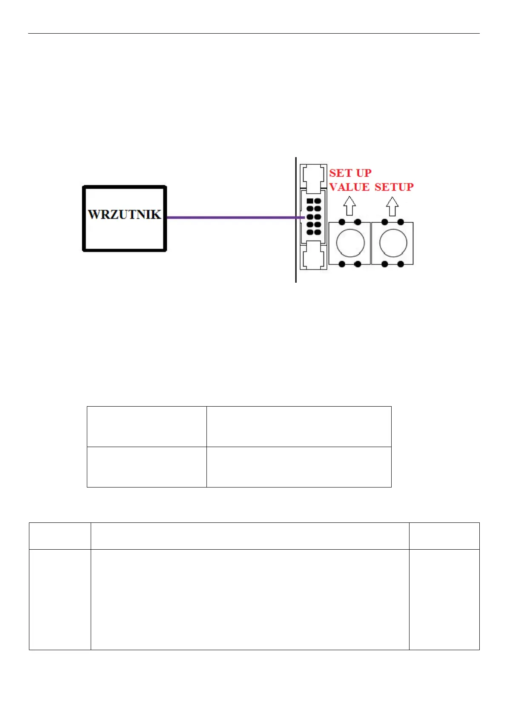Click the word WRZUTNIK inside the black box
click(x=124, y=214)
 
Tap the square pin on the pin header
click(x=310, y=201)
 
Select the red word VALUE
click(x=349, y=187)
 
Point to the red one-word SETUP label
click(x=394, y=187)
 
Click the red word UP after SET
click(x=364, y=173)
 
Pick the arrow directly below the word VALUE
click(x=349, y=206)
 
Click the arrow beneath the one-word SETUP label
click(x=392, y=206)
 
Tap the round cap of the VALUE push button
click(x=350, y=243)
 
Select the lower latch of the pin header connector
click(x=313, y=255)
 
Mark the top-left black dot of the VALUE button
click(x=342, y=222)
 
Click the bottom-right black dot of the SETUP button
click(x=401, y=264)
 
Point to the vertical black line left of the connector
click(x=296, y=255)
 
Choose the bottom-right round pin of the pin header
click(x=317, y=232)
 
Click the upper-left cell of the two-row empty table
click(x=146, y=426)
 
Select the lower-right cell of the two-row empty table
click(x=298, y=467)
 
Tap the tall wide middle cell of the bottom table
click(x=250, y=599)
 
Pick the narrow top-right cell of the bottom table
click(x=444, y=536)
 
